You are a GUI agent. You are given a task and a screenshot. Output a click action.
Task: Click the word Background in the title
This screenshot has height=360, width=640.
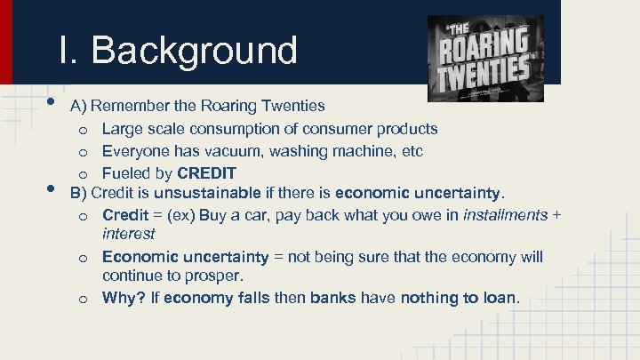click(x=194, y=50)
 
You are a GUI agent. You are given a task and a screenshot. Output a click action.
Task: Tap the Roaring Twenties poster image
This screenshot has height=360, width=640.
click(x=485, y=58)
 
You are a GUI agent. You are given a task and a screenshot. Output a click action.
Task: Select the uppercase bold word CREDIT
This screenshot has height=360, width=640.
click(x=206, y=172)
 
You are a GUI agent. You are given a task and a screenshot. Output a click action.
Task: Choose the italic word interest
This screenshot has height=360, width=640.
click(x=128, y=233)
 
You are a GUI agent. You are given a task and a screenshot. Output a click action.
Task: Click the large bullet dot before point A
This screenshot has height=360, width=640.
click(x=52, y=101)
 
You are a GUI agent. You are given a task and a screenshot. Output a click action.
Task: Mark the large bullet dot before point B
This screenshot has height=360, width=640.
click(x=52, y=189)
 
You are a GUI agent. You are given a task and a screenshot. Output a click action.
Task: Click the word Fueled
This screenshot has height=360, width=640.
click(x=125, y=172)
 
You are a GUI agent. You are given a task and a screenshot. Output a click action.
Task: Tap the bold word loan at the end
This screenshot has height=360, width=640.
click(x=498, y=298)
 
